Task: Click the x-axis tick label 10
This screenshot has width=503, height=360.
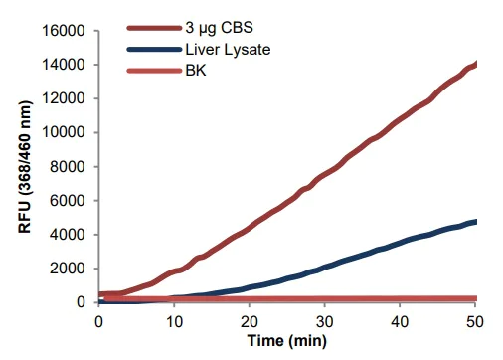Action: point(174,320)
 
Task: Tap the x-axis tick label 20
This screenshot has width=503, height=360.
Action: point(250,320)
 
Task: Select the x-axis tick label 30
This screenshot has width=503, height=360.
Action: point(325,320)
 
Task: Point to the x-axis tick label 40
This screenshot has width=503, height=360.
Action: point(401,320)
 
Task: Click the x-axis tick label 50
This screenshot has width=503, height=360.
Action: point(476,320)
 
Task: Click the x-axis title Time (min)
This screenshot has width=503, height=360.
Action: point(287,341)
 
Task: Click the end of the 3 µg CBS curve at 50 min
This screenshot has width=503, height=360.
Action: point(476,65)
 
